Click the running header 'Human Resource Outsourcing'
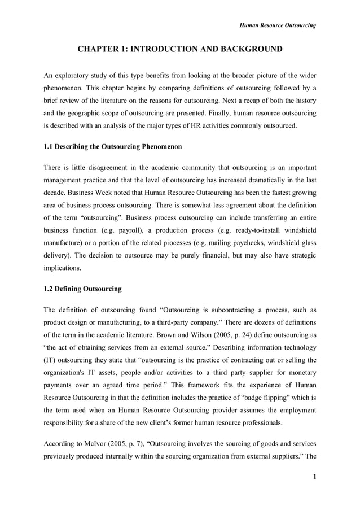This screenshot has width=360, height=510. tap(278, 25)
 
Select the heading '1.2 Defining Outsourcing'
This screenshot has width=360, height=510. tap(82, 289)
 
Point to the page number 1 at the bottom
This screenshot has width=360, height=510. tap(314, 477)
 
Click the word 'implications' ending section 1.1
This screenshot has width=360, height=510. tap(62, 268)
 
